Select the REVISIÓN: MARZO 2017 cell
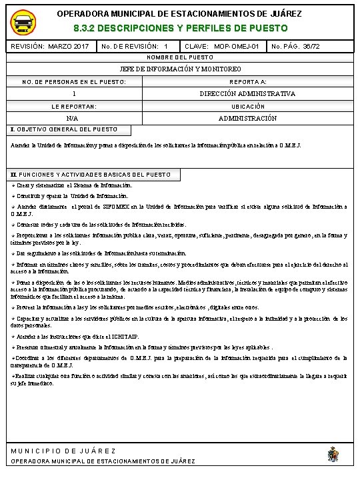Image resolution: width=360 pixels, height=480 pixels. (x=51, y=47)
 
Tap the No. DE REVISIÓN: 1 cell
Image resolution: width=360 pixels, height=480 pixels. (x=134, y=47)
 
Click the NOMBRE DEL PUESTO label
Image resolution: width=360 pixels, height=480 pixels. (x=180, y=58)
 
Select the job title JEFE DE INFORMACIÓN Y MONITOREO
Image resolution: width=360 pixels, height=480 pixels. (x=180, y=69)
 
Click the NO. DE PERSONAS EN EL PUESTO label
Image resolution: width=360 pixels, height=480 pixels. (x=74, y=81)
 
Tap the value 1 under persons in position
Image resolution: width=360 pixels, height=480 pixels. (x=74, y=94)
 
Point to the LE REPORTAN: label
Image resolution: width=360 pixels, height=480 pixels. (x=74, y=106)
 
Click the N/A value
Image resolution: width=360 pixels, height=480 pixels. (x=74, y=118)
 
